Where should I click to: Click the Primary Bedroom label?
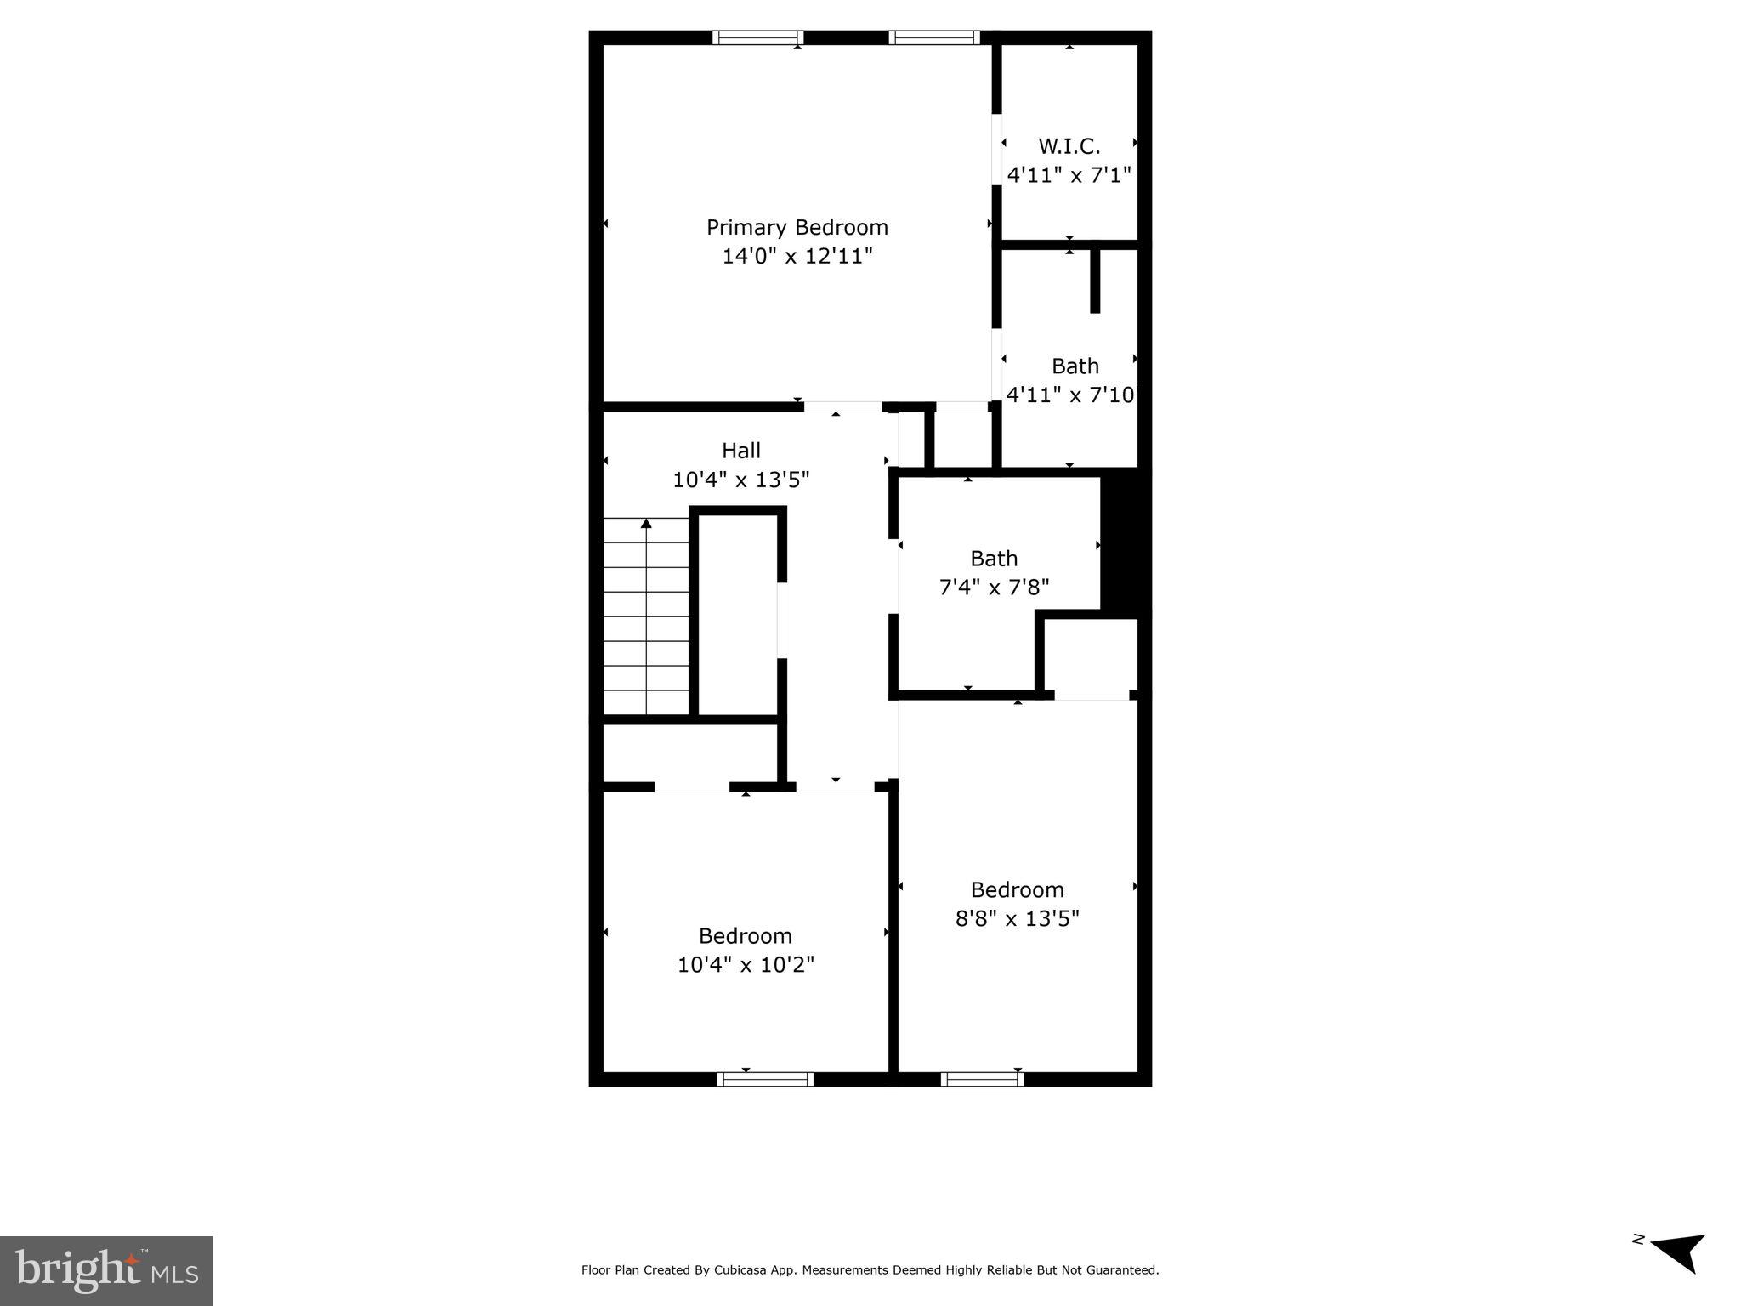[x=797, y=227]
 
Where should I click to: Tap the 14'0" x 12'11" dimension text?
[x=797, y=256]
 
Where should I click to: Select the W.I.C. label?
[x=1069, y=146]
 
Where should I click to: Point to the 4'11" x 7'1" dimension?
[x=1069, y=175]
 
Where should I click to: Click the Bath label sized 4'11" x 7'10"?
[x=1075, y=366]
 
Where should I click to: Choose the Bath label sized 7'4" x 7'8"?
[x=993, y=559]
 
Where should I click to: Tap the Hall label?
[x=740, y=451]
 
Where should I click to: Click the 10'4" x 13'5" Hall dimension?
[x=740, y=480]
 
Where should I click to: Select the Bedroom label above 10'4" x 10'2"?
[x=745, y=935]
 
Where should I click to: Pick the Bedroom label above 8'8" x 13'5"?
[x=1017, y=889]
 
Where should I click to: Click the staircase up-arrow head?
[x=646, y=523]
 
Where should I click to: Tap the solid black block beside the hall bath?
[x=1125, y=542]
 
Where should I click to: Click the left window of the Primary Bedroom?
[x=757, y=37]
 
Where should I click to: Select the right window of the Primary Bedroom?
[x=933, y=37]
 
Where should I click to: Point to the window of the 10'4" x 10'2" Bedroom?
[x=765, y=1079]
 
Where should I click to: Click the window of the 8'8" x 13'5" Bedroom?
[x=981, y=1079]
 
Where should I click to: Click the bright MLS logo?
[x=106, y=1270]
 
